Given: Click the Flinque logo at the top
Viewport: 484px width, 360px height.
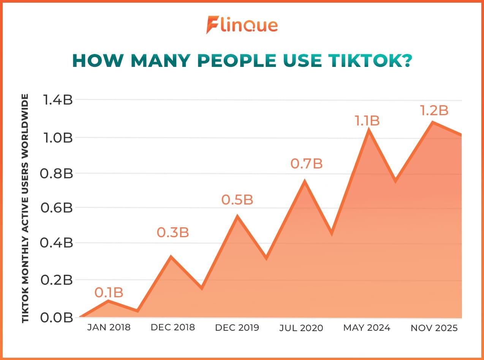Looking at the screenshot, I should (x=242, y=25).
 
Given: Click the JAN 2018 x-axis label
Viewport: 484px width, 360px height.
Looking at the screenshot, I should (x=109, y=327).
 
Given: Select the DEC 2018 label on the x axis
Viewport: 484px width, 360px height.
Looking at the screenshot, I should (x=173, y=327).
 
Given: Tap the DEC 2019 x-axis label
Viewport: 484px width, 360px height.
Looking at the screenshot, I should (x=237, y=328).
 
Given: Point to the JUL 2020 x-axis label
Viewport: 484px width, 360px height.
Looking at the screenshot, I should (x=301, y=328).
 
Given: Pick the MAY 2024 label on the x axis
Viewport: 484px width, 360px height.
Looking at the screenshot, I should (x=367, y=328).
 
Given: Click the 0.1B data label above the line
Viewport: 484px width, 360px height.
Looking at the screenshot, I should (x=109, y=293).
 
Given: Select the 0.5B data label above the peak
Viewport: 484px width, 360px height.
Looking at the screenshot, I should (x=237, y=200).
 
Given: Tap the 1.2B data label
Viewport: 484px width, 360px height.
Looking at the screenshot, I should (x=434, y=111).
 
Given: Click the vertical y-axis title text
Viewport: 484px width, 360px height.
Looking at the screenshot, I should (x=25, y=208).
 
